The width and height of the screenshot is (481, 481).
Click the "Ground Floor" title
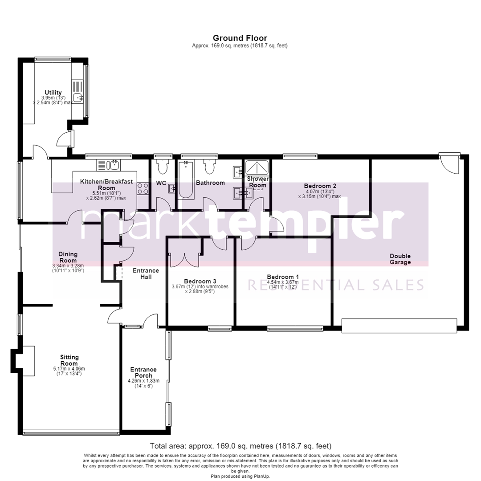pyautogui.click(x=240, y=38)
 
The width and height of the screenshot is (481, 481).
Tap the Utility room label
pyautogui.click(x=53, y=92)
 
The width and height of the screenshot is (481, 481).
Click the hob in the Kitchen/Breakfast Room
pyautogui.click(x=143, y=188)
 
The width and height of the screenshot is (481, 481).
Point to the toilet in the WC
pyautogui.click(x=162, y=166)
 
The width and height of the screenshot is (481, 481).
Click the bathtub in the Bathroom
pyautogui.click(x=186, y=180)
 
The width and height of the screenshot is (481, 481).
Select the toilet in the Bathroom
pyautogui.click(x=210, y=166)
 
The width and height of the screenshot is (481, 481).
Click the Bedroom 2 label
pyautogui.click(x=320, y=186)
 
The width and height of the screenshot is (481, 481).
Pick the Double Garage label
pyautogui.click(x=400, y=259)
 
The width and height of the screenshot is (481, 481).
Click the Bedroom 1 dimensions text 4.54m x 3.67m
pyautogui.click(x=282, y=282)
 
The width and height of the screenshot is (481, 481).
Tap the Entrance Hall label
pyautogui.click(x=146, y=273)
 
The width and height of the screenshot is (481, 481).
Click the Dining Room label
pyautogui.click(x=68, y=257)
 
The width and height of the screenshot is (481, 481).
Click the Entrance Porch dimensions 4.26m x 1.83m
pyautogui.click(x=143, y=381)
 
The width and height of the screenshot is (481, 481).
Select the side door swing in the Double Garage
pyautogui.click(x=449, y=164)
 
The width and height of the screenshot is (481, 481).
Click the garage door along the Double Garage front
pyautogui.click(x=399, y=326)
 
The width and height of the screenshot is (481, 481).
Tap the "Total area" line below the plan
pyautogui.click(x=240, y=446)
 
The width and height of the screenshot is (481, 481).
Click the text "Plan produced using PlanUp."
pyautogui.click(x=240, y=477)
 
